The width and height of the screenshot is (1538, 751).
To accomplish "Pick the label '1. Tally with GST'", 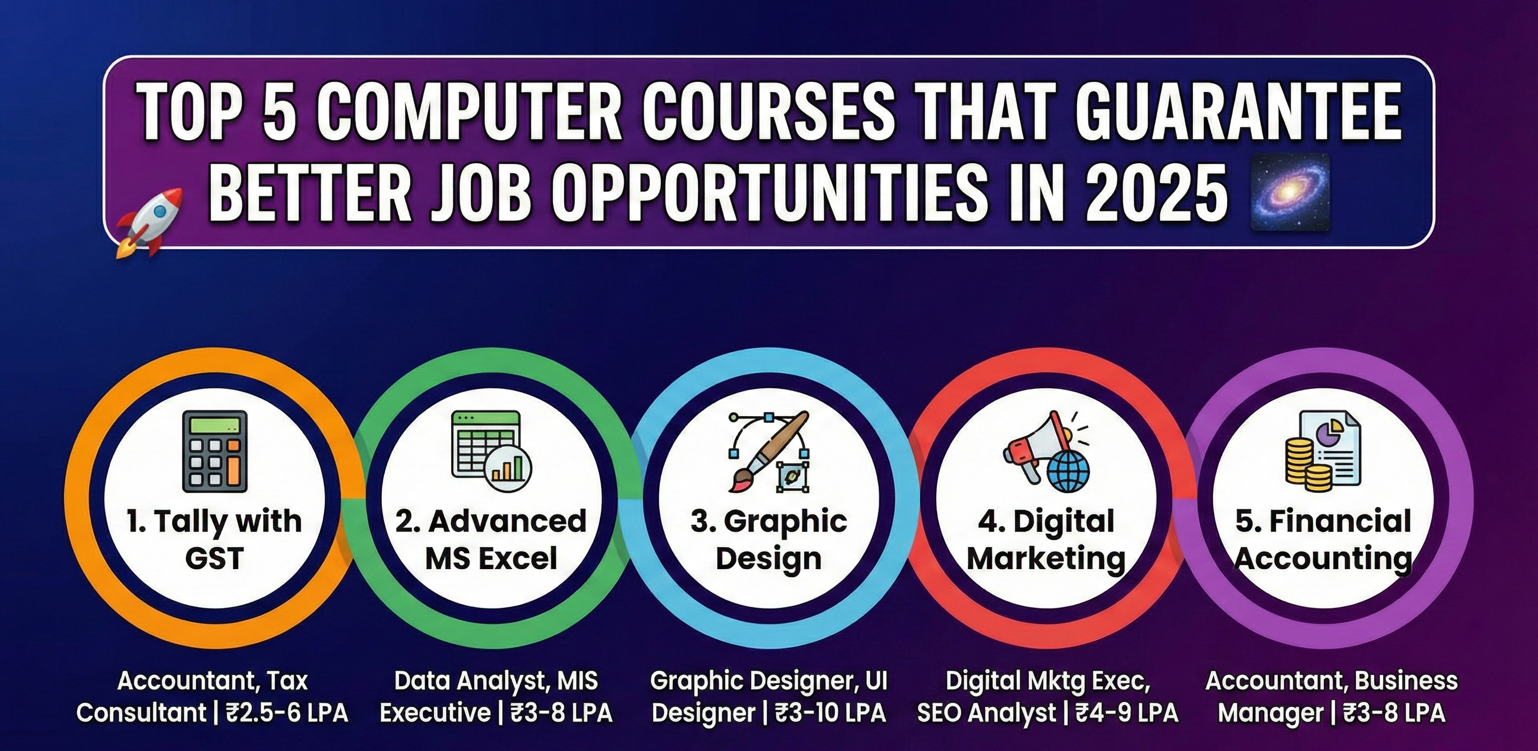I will pos(214,540).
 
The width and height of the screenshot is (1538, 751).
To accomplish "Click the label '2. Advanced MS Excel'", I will pos(491,540).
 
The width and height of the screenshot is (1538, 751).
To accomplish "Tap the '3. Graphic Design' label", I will pos(769,540).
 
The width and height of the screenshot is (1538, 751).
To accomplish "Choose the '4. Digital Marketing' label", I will pos(1046,540).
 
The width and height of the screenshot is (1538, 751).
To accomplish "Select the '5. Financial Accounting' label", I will pos(1323,540).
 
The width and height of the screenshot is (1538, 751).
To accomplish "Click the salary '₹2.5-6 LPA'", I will pos(287,713).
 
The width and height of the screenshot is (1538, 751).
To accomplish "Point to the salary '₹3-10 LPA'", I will pos(831,713).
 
